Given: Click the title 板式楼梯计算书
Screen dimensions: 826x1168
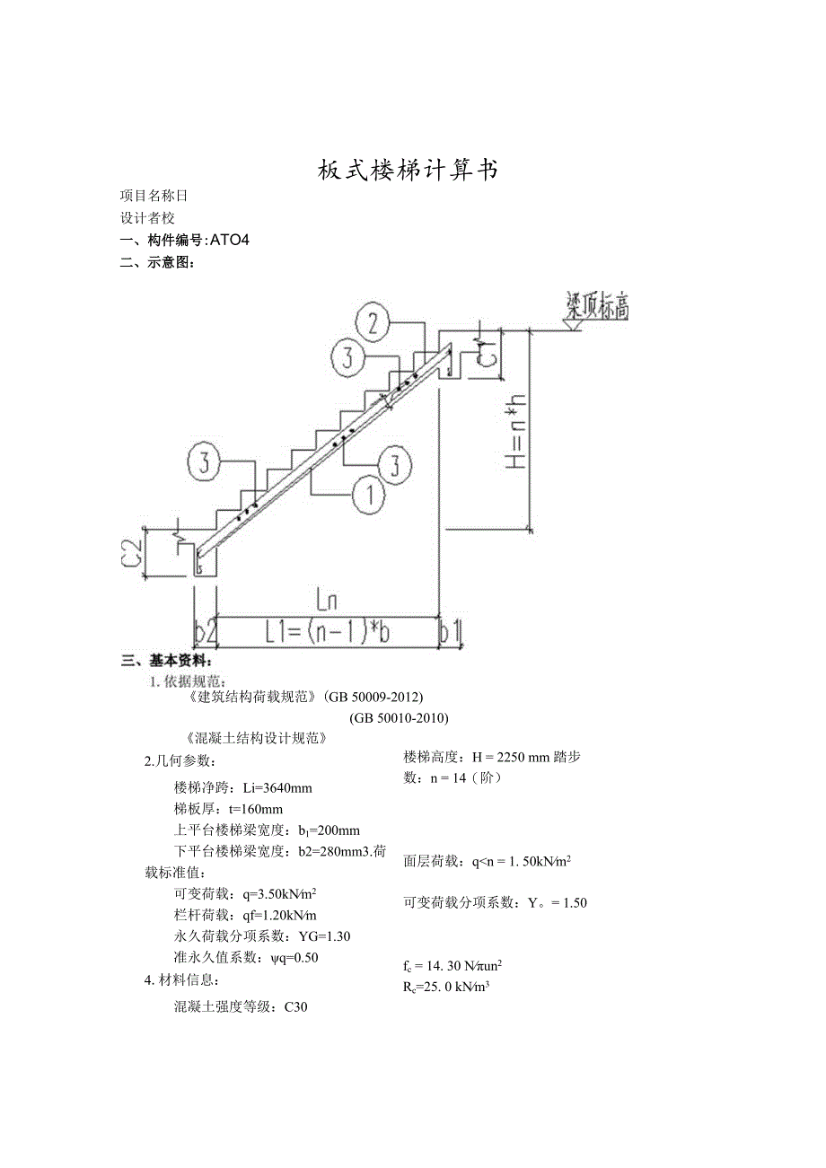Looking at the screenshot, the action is (409, 170).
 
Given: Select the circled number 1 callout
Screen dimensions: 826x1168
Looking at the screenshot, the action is (368, 495).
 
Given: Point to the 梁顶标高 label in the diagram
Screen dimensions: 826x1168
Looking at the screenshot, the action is (597, 306).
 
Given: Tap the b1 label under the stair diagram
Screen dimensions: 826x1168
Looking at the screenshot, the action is (452, 632).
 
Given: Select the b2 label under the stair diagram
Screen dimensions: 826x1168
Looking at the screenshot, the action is (206, 632).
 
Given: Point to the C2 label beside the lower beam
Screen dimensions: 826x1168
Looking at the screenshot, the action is (132, 552).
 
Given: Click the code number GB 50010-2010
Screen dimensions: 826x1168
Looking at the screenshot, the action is (399, 717).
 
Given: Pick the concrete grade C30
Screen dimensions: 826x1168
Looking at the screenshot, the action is (296, 1006).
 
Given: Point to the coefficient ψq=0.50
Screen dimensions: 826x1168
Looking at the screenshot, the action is (294, 957).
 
